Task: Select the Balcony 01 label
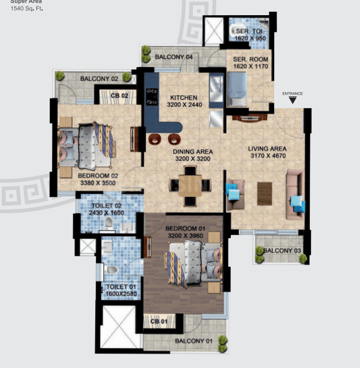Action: click(193, 341)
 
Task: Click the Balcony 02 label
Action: click(99, 78)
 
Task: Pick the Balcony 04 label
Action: click(174, 57)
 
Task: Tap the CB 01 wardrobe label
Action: click(160, 321)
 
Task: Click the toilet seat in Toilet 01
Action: click(112, 270)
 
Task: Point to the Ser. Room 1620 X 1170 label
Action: click(250, 63)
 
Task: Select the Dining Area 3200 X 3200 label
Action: click(193, 155)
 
